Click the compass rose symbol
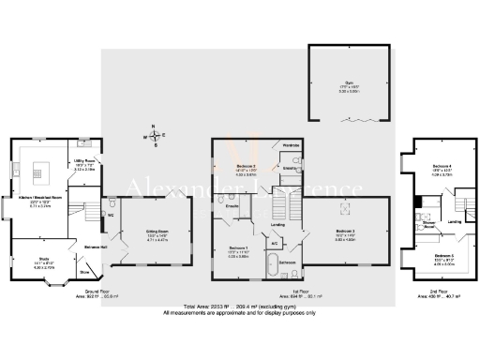click(156, 136)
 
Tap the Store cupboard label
click(84, 273)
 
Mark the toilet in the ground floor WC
click(112, 201)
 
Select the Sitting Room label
click(156, 232)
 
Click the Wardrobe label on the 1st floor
click(292, 145)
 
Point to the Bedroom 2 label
click(345, 231)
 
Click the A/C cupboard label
click(273, 244)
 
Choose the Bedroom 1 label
click(237, 249)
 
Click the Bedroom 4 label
click(442, 168)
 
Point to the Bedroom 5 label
click(443, 257)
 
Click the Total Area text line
click(240, 307)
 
